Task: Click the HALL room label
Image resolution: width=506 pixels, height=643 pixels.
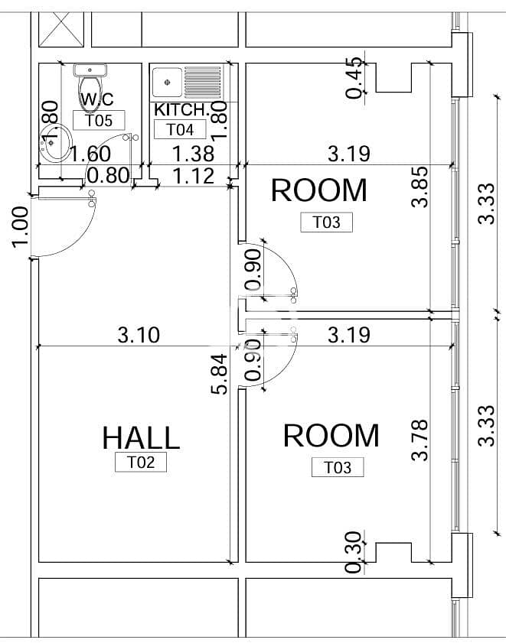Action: (141, 437)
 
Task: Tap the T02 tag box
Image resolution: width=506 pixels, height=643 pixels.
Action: (141, 462)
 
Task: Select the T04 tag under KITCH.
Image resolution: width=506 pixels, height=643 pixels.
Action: (180, 129)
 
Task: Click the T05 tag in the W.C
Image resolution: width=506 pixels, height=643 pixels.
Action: (99, 121)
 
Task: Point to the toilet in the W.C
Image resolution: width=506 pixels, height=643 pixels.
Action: (90, 88)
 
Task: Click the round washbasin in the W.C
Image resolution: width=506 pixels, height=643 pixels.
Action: (55, 143)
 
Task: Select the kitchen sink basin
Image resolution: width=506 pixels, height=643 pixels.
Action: (167, 83)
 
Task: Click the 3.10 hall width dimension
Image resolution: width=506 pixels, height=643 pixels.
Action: (139, 335)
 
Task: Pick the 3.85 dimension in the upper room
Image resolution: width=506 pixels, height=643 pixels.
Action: (419, 187)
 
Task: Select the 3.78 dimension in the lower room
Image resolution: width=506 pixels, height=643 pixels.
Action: (419, 440)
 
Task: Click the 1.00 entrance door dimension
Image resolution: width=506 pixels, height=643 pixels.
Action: (20, 227)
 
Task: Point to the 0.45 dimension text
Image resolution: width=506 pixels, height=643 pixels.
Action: (354, 77)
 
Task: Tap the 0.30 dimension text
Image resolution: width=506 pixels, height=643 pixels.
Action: (353, 552)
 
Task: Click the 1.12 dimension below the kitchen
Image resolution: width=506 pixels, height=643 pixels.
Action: (194, 177)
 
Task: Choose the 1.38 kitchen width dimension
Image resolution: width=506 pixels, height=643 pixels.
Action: (194, 154)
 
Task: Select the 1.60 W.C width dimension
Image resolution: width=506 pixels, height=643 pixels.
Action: (90, 154)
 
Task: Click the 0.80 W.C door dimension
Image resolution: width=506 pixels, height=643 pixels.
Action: (109, 176)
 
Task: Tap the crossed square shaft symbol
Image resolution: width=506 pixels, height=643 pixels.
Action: (61, 29)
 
